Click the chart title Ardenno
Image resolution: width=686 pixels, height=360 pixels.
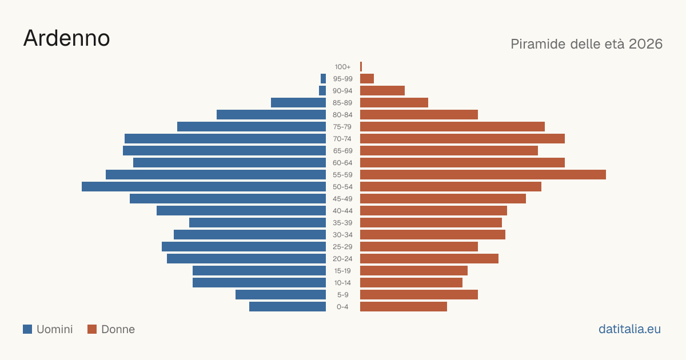pyautogui.click(x=66, y=38)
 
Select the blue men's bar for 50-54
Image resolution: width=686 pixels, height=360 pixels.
pyautogui.click(x=204, y=187)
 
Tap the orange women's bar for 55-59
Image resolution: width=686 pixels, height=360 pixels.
pyautogui.click(x=483, y=174)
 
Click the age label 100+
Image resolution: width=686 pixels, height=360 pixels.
pyautogui.click(x=342, y=67)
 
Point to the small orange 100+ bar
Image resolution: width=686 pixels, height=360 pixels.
pyautogui.click(x=361, y=67)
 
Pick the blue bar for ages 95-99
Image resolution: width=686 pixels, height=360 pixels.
pyautogui.click(x=323, y=79)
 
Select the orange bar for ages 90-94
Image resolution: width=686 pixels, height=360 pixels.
pyautogui.click(x=382, y=91)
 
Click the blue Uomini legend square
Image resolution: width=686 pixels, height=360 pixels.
pyautogui.click(x=27, y=329)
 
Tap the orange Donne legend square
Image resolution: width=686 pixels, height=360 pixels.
pyautogui.click(x=92, y=329)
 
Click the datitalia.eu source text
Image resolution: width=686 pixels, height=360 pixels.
pyautogui.click(x=629, y=329)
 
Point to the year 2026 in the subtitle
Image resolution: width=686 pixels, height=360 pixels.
pyautogui.click(x=646, y=44)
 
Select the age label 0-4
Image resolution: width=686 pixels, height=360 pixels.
pyautogui.click(x=342, y=307)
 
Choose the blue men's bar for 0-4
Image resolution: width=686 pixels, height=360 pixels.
pyautogui.click(x=288, y=307)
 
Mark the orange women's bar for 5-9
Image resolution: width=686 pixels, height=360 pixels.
pyautogui.click(x=419, y=295)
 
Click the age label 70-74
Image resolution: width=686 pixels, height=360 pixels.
pyautogui.click(x=342, y=139)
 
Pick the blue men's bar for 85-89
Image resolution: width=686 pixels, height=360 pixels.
pyautogui.click(x=298, y=102)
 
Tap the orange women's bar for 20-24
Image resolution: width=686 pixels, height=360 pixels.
pyautogui.click(x=429, y=259)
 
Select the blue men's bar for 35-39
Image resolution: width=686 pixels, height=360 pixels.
pyautogui.click(x=258, y=222)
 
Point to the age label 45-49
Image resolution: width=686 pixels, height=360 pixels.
pyautogui.click(x=342, y=199)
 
